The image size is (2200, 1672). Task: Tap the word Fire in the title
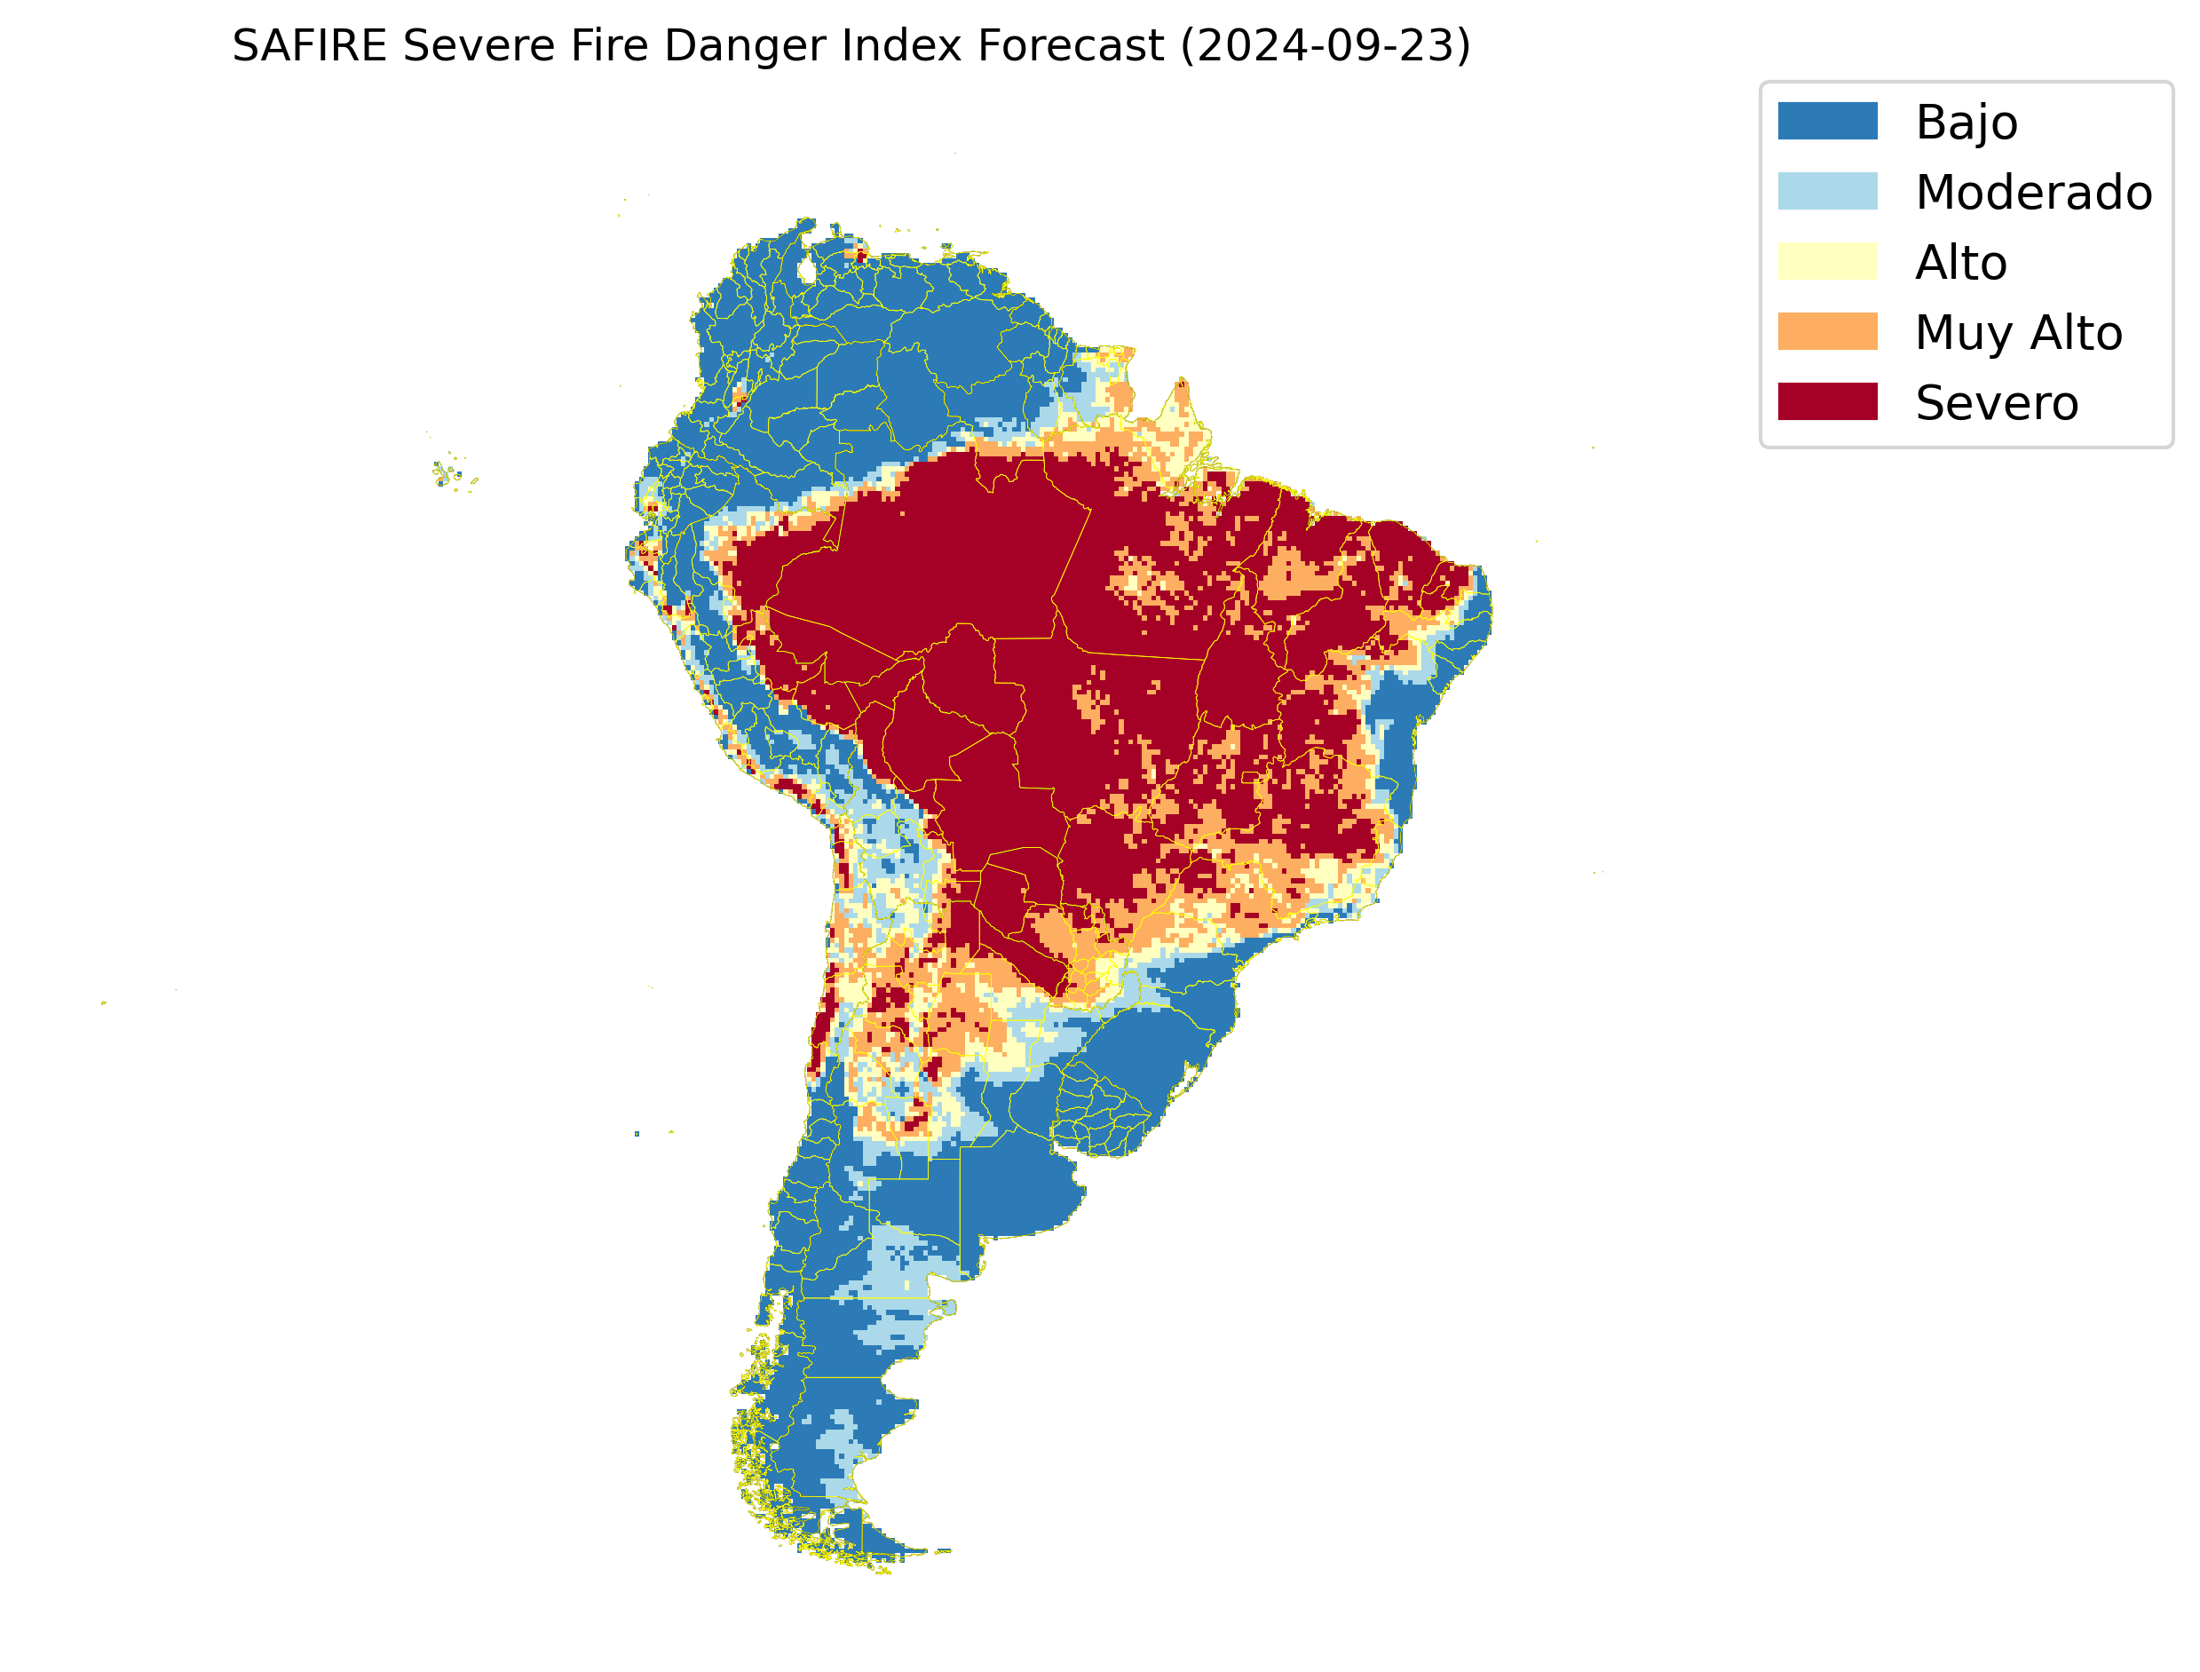click(x=608, y=46)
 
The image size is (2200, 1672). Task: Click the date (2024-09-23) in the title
click(x=1326, y=46)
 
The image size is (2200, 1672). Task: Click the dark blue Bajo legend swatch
click(x=1827, y=122)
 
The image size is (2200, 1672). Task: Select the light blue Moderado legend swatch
click(x=1827, y=191)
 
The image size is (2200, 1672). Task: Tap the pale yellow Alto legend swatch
click(x=1827, y=262)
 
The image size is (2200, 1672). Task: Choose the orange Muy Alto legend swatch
click(x=1827, y=331)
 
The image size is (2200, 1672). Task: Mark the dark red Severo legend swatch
click(x=1827, y=402)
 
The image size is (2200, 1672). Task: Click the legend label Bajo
click(x=1967, y=123)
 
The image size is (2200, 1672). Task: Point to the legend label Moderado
click(x=2034, y=192)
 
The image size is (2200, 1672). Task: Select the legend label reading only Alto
click(x=1960, y=263)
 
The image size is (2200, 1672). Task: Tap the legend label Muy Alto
click(x=2018, y=332)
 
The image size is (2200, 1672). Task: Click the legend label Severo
click(x=1996, y=403)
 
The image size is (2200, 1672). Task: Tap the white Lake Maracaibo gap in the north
click(x=807, y=270)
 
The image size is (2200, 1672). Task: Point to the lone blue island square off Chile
click(x=637, y=1134)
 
